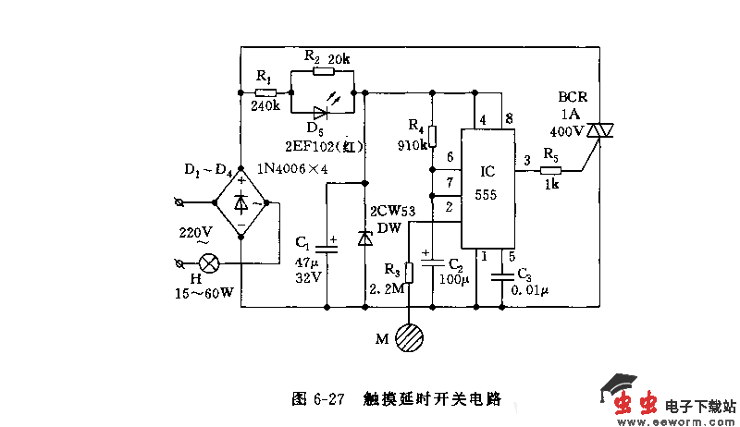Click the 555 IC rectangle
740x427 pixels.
click(488, 189)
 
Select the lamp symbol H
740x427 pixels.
click(210, 263)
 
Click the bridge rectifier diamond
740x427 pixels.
click(240, 201)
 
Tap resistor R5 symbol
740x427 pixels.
click(551, 170)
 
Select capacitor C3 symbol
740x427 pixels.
click(501, 275)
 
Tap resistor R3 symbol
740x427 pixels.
click(409, 272)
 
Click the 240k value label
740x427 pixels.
click(265, 106)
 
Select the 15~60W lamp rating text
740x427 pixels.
click(204, 293)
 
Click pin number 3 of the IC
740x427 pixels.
click(526, 160)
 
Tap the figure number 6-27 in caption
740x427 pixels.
click(327, 399)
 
